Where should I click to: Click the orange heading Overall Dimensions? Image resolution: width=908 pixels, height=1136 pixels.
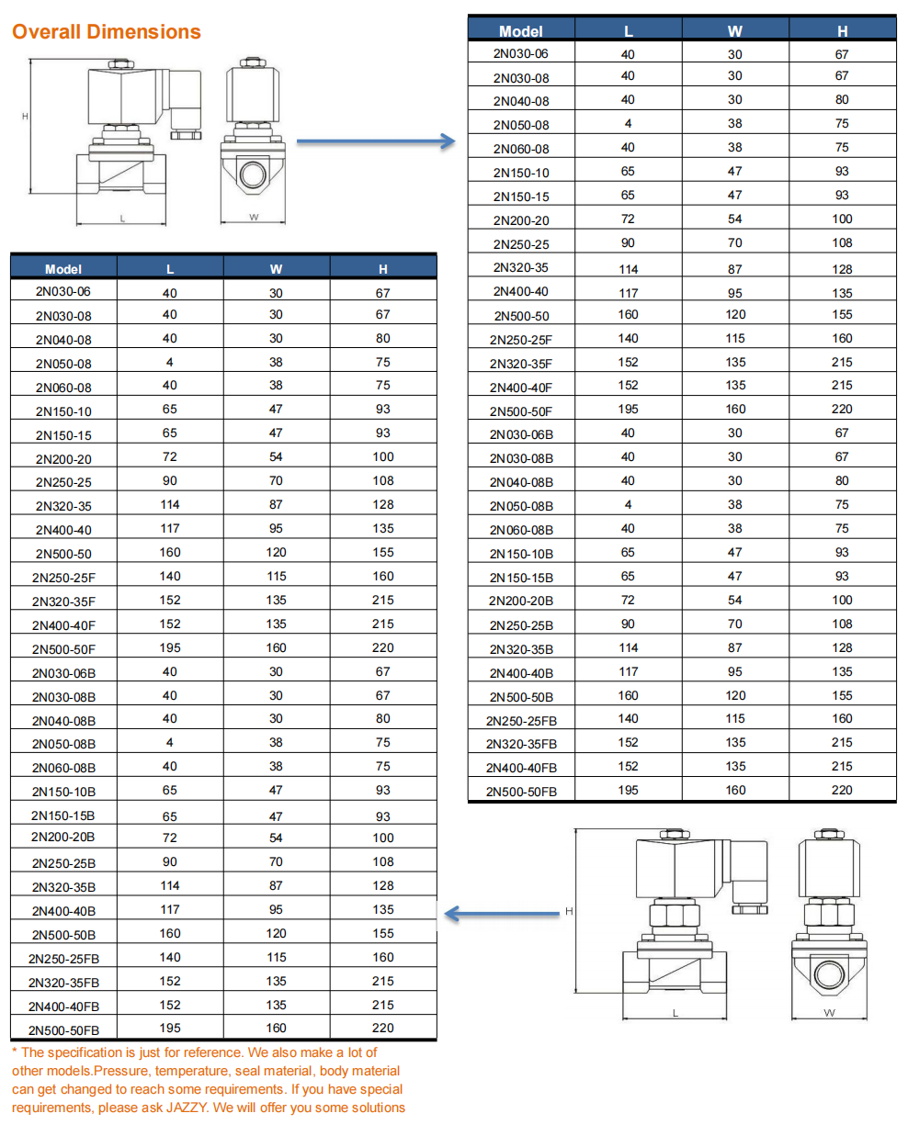[x=106, y=32]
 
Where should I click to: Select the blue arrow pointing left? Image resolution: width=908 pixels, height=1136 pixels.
[x=502, y=914]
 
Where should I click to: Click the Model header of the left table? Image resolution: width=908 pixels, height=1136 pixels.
[x=63, y=269]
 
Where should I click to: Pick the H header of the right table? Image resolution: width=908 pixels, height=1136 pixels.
[x=842, y=31]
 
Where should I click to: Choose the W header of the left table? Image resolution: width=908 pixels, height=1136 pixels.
[x=276, y=269]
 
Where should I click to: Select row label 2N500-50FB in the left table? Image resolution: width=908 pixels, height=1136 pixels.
[x=63, y=1030]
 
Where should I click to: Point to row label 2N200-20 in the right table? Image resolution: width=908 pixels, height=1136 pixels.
[x=521, y=220]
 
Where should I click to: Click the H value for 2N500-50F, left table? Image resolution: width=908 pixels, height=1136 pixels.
[x=383, y=647]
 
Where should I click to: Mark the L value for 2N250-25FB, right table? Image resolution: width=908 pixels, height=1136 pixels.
[x=628, y=718]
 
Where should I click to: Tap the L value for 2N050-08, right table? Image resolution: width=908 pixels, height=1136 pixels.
[x=628, y=123]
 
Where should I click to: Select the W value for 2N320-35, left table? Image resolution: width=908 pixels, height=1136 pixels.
[x=276, y=504]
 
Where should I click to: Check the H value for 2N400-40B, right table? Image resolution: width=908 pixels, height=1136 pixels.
[x=842, y=671]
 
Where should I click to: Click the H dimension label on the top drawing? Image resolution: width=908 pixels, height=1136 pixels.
[x=25, y=117]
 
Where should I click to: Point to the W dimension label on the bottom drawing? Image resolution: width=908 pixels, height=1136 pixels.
[x=829, y=1013]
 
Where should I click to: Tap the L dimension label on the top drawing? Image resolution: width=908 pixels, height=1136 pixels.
[x=122, y=219]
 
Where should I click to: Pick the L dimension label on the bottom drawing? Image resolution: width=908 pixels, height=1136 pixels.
[x=675, y=1013]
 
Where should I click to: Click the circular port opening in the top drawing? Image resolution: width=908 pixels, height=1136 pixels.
[x=253, y=174]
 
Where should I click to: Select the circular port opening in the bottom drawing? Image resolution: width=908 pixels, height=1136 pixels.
[x=829, y=974]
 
